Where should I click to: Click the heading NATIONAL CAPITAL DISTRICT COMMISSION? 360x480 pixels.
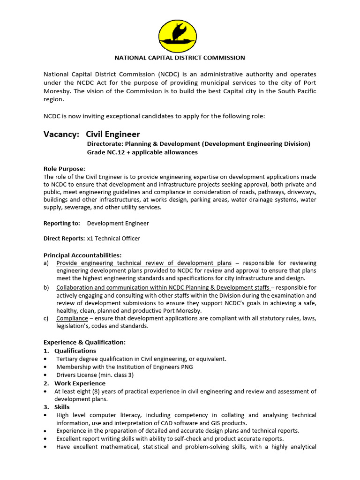(x=180, y=58)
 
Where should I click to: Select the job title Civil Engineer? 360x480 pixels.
(x=112, y=135)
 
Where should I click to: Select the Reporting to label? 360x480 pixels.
(x=61, y=223)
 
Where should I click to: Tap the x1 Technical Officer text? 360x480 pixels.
(x=113, y=239)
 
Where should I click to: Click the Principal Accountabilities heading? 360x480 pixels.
(x=82, y=255)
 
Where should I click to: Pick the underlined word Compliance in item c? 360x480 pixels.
(x=72, y=319)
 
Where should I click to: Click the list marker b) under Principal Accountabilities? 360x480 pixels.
(x=46, y=287)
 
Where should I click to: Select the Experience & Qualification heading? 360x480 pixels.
(x=84, y=343)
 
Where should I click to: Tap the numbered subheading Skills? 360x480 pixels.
(x=62, y=407)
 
